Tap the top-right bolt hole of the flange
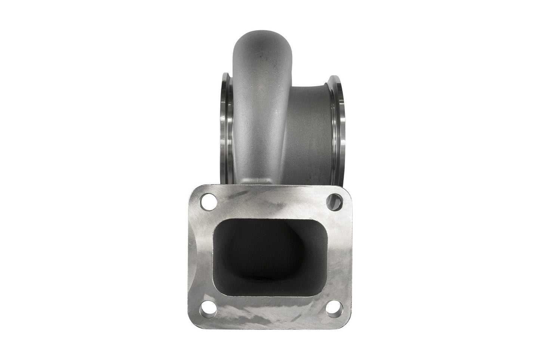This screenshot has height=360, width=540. (x=334, y=202)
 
